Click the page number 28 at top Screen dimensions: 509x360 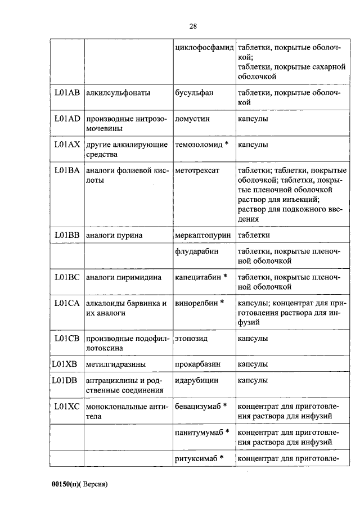click(x=192, y=26)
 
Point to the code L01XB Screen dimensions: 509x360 click(x=64, y=364)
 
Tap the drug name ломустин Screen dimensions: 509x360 click(x=192, y=119)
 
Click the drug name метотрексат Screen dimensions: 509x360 click(x=197, y=170)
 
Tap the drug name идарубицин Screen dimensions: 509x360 click(x=196, y=380)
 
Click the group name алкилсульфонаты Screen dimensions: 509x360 click(x=118, y=93)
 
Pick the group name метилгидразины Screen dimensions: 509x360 click(x=116, y=364)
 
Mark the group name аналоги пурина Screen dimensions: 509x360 click(x=114, y=235)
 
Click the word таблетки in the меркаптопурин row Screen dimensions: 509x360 click(x=254, y=235)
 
